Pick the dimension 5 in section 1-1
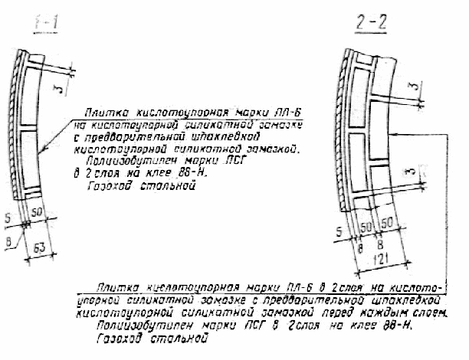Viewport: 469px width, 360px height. point(8,224)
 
